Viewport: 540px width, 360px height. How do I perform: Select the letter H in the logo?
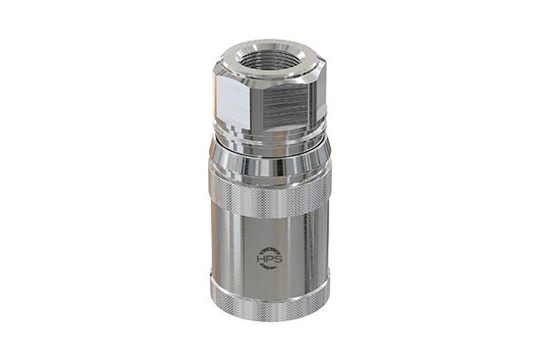(262, 259)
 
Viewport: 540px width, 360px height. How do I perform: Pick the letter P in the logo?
(269, 259)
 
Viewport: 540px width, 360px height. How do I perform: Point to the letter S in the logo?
(276, 259)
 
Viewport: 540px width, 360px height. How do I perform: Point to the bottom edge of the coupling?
(269, 320)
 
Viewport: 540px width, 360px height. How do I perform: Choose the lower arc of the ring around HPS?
(269, 271)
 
